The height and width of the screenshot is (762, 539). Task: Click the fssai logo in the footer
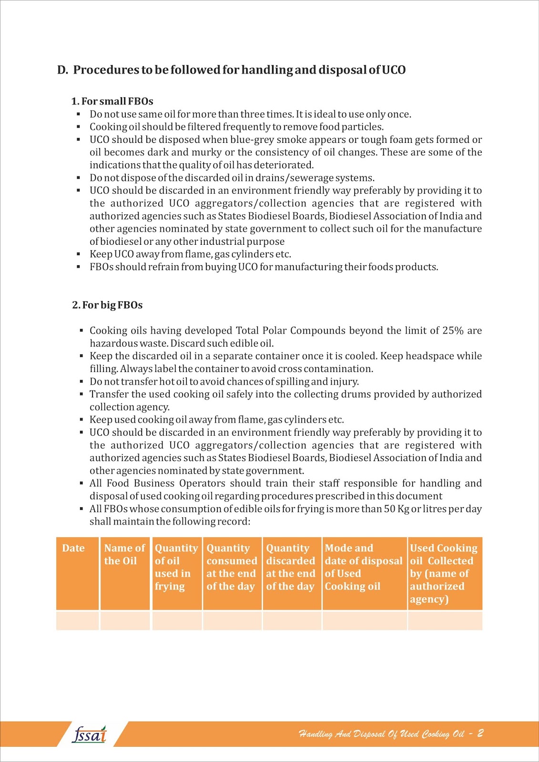tap(90, 734)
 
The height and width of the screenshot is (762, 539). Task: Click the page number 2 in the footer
tap(480, 733)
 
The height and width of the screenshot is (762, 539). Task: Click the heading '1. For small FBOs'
tap(112, 101)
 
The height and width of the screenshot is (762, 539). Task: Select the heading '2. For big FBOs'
tap(107, 305)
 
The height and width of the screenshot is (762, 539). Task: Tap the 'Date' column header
tap(73, 548)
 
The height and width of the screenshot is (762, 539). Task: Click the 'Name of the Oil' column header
tap(124, 554)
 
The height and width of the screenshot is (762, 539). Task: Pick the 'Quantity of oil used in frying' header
tap(176, 567)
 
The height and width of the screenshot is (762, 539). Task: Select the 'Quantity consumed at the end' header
tap(232, 567)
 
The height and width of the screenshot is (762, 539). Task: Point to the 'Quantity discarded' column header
tap(290, 567)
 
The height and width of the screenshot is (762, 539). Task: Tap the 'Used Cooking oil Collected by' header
tap(443, 573)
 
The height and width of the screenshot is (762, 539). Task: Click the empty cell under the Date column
tap(77, 621)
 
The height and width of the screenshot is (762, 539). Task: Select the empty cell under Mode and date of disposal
tap(365, 621)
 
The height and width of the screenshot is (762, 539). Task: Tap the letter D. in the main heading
tap(62, 70)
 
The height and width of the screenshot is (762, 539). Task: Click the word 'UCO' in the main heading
tap(394, 70)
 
